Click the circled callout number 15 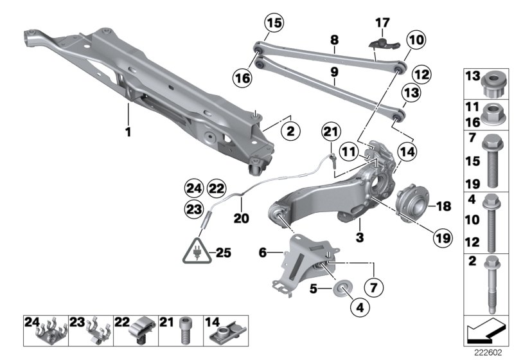(x=274, y=24)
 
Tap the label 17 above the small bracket (x=382, y=24)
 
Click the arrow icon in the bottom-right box (x=483, y=333)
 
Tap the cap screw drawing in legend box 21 (x=186, y=329)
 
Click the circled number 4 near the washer (x=360, y=309)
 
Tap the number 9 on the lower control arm (x=333, y=73)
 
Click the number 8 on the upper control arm (x=333, y=40)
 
